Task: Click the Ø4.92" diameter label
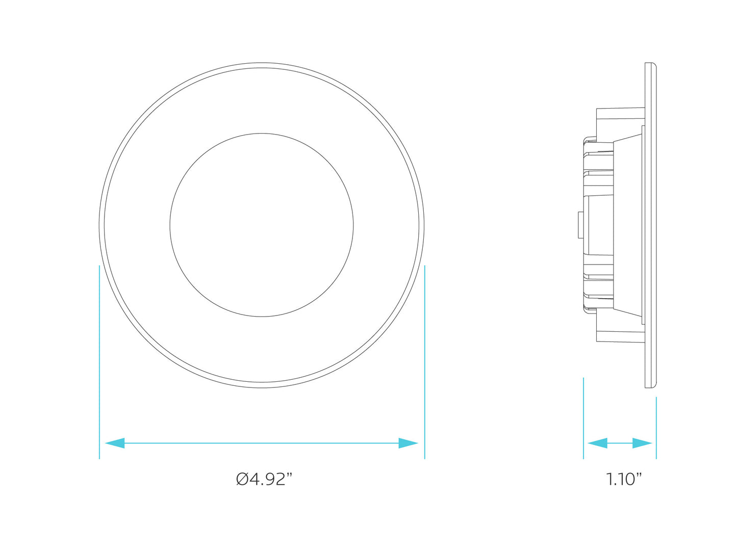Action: pyautogui.click(x=264, y=479)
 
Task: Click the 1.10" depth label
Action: pyautogui.click(x=624, y=479)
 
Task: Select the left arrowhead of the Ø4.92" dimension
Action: pyautogui.click(x=115, y=443)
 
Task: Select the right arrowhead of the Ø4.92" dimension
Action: pyautogui.click(x=408, y=443)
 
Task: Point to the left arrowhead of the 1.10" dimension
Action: pyautogui.click(x=597, y=443)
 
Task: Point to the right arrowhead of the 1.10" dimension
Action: pyautogui.click(x=642, y=443)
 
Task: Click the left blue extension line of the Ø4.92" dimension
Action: pyautogui.click(x=99, y=362)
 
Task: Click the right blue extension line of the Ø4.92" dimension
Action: pyautogui.click(x=425, y=362)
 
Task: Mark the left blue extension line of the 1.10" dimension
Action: pyautogui.click(x=583, y=418)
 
